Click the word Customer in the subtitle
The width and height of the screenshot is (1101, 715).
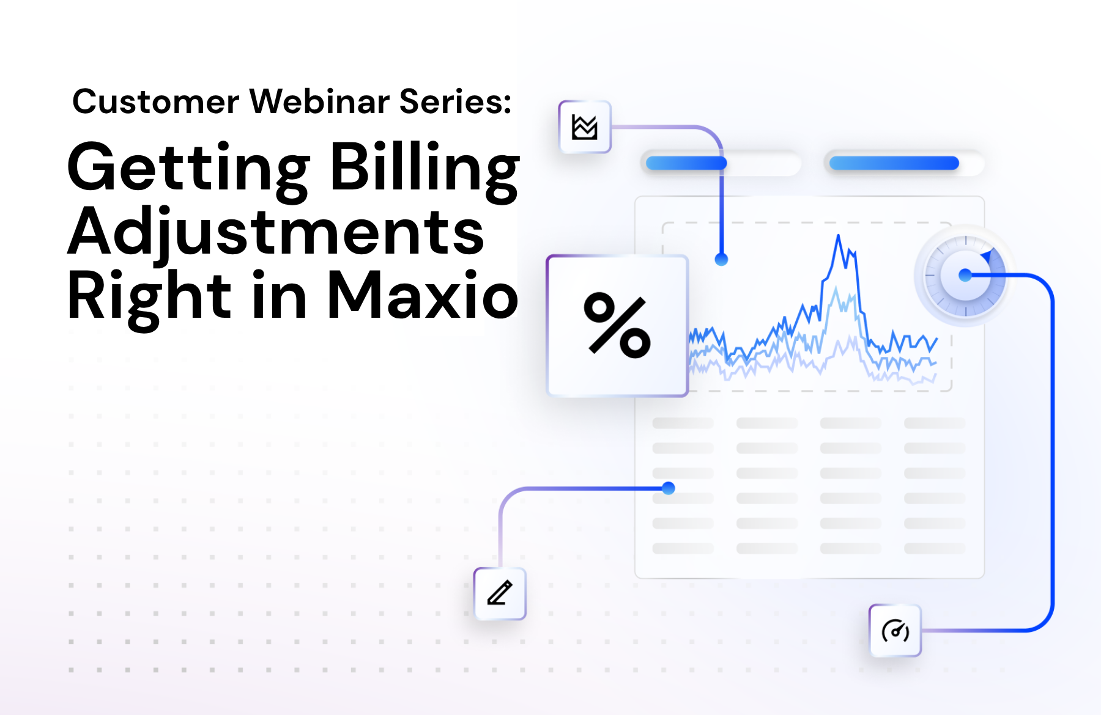point(155,101)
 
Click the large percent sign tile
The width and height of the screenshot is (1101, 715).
point(617,326)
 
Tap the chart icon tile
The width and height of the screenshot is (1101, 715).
point(585,127)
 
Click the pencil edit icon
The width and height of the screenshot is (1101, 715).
point(500,593)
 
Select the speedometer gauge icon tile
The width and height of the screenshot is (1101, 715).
point(895,631)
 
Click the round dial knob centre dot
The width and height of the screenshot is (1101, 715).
point(965,276)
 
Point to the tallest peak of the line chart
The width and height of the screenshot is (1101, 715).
point(838,236)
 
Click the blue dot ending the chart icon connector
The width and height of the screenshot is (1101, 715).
point(722,260)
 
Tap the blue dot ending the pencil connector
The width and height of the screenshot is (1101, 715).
point(669,488)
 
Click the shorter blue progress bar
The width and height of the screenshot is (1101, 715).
point(686,163)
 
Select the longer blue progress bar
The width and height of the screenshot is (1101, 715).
point(894,163)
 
